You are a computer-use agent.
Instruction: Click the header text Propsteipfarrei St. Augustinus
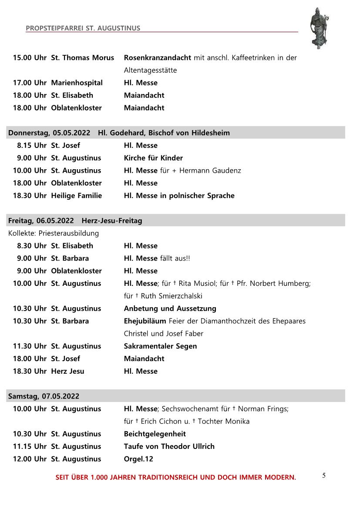tap(83, 28)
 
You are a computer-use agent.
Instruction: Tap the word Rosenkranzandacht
tap(157, 57)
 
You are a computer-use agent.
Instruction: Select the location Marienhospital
tap(77, 83)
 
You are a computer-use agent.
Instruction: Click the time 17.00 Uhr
tap(30, 83)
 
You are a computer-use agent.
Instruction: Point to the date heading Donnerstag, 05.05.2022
tap(49, 133)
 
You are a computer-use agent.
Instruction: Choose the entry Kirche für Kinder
tap(153, 158)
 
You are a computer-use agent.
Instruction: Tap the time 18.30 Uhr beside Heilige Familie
tap(30, 196)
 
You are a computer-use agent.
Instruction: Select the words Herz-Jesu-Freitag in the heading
tap(111, 221)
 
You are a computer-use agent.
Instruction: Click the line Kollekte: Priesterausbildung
tap(54, 233)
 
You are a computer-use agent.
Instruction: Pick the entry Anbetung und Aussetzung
tap(170, 308)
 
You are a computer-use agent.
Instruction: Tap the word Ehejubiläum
tap(145, 321)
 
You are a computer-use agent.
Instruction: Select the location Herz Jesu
tap(67, 371)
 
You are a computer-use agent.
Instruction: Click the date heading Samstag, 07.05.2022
tap(44, 396)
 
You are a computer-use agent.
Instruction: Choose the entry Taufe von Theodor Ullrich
tap(169, 446)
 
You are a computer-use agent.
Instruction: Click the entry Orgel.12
tap(138, 459)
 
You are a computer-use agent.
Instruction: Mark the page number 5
tap(324, 476)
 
